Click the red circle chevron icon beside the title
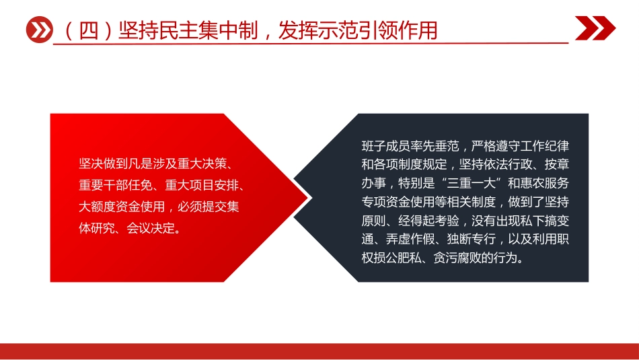tap(38, 30)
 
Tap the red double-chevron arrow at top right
tap(595, 28)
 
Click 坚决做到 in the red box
tap(102, 163)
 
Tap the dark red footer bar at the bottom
tap(319, 351)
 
